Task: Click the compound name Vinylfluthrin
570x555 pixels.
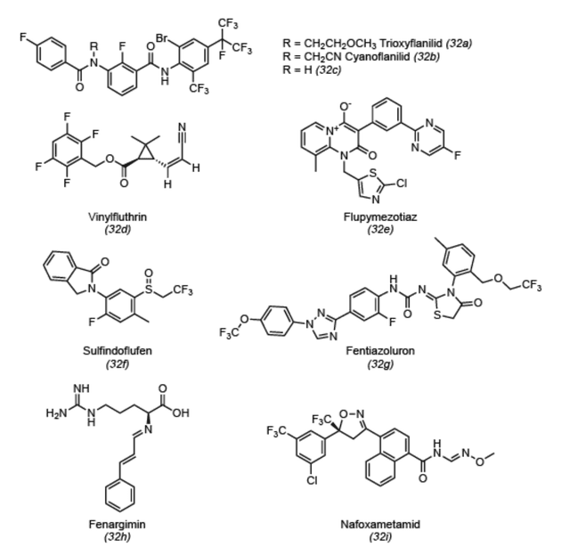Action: click(118, 217)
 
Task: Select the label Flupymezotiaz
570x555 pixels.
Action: click(380, 217)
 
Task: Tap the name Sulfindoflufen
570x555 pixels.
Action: click(117, 351)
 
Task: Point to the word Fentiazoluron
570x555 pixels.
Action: click(380, 351)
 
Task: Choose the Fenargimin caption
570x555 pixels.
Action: click(117, 524)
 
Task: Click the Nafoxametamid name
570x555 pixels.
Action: click(380, 524)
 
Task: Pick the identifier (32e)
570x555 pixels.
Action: click(380, 230)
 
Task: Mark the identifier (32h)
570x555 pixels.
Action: click(118, 536)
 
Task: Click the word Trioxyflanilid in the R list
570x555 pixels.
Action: click(411, 44)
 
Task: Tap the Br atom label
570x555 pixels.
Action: click(162, 37)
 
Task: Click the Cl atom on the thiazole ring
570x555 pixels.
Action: click(402, 184)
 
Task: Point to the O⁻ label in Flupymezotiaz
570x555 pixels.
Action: click(345, 106)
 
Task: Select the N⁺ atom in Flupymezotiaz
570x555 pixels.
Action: click(331, 130)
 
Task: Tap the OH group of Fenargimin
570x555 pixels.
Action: click(181, 412)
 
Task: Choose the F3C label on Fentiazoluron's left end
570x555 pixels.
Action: click(229, 333)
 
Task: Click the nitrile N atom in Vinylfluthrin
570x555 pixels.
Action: click(182, 127)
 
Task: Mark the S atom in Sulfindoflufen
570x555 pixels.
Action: click(149, 290)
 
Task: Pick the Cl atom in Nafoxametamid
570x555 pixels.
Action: click(312, 480)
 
